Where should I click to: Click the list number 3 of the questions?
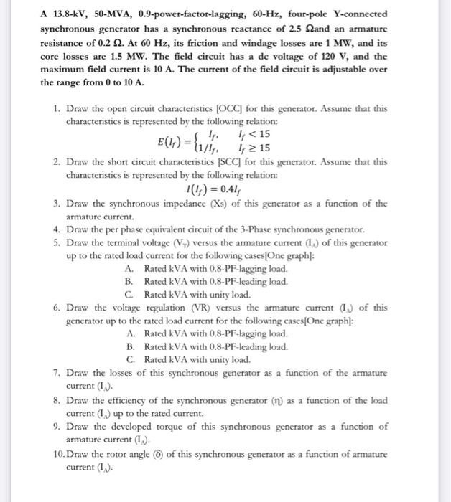56,203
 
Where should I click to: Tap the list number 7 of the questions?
56,373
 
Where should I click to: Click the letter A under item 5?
129,267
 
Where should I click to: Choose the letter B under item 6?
129,346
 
